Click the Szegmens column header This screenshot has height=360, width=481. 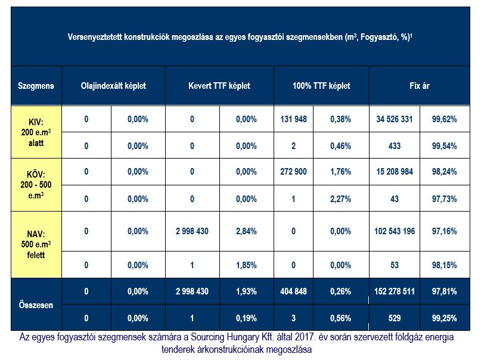36,86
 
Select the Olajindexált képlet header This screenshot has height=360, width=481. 113,86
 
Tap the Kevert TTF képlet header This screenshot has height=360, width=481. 219,86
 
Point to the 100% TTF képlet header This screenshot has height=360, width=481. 321,86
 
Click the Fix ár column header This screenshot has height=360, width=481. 420,86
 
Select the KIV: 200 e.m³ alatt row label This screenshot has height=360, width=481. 36,132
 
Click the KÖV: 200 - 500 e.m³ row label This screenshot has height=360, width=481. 36,185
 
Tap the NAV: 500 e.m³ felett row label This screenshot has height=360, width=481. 36,244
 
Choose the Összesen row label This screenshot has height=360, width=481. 36,305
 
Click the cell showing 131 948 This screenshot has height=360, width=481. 293,119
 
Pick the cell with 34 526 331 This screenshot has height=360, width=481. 395,119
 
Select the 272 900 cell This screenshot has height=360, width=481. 293,172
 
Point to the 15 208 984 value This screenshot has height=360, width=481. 395,172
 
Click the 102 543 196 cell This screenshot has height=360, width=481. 395,231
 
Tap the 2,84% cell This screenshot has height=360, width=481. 246,231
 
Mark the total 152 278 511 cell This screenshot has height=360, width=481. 395,291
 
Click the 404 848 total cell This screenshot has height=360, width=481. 293,291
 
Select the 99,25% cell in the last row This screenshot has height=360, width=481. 445,318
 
